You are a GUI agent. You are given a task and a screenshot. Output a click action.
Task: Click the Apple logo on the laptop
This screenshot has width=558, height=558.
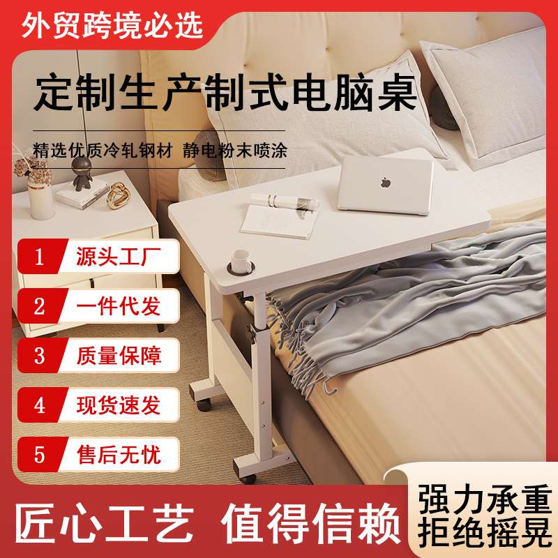[x=384, y=183]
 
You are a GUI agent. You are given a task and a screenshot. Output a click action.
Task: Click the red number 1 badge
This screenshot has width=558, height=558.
[x=40, y=257]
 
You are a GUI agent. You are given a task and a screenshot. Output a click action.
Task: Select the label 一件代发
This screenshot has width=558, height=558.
[x=119, y=306]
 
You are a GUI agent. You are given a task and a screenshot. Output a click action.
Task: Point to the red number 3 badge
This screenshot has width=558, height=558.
[x=40, y=356]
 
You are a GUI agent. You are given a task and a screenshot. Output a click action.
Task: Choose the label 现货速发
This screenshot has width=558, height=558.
[x=119, y=405]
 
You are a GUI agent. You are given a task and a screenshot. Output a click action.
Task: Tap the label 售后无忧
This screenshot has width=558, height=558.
[x=119, y=455]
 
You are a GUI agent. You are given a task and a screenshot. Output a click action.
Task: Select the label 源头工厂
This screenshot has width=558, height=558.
[x=119, y=257]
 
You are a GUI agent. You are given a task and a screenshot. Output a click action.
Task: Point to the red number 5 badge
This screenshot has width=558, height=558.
[x=40, y=455]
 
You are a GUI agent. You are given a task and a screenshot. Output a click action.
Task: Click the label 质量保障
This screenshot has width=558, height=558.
[x=119, y=356]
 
